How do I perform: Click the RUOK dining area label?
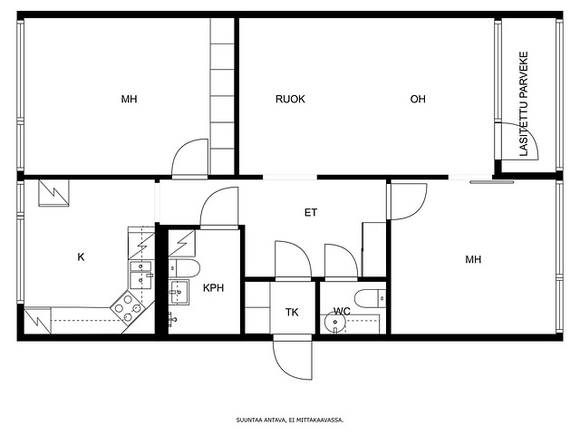coord(290,99)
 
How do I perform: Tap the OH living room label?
coord(418,99)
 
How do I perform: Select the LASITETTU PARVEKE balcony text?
coord(524,103)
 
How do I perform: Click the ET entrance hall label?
coord(311,212)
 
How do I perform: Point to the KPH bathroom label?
coord(214,288)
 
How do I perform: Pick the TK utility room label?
coord(292,312)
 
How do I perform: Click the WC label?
coord(342,311)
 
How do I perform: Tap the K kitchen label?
coord(81,256)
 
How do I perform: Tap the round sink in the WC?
coord(334,323)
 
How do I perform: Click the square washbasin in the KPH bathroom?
coord(179,292)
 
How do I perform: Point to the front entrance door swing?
coord(292,360)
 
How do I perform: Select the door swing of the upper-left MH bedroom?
coord(189,157)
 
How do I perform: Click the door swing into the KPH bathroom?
coord(219,206)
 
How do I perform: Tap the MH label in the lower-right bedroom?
coord(473,259)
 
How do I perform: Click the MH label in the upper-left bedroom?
coord(129,99)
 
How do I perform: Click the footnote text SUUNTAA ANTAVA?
coord(261,420)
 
